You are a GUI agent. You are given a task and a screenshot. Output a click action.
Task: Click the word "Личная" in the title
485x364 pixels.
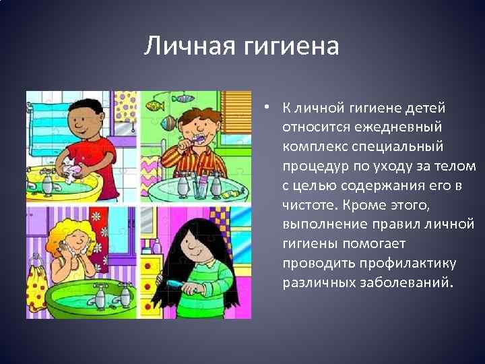click(190, 47)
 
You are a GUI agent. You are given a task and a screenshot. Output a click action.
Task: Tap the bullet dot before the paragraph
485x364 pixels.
click(267, 107)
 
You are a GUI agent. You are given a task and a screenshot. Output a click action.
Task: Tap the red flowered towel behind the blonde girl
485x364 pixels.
click(98, 236)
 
